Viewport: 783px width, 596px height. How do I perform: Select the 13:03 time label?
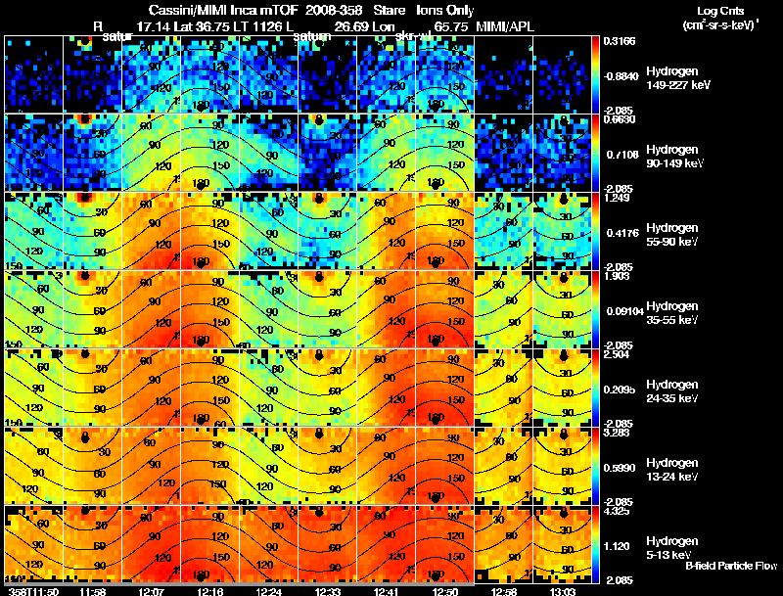pyautogui.click(x=562, y=591)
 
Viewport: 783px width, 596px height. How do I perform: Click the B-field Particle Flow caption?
pyautogui.click(x=730, y=566)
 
